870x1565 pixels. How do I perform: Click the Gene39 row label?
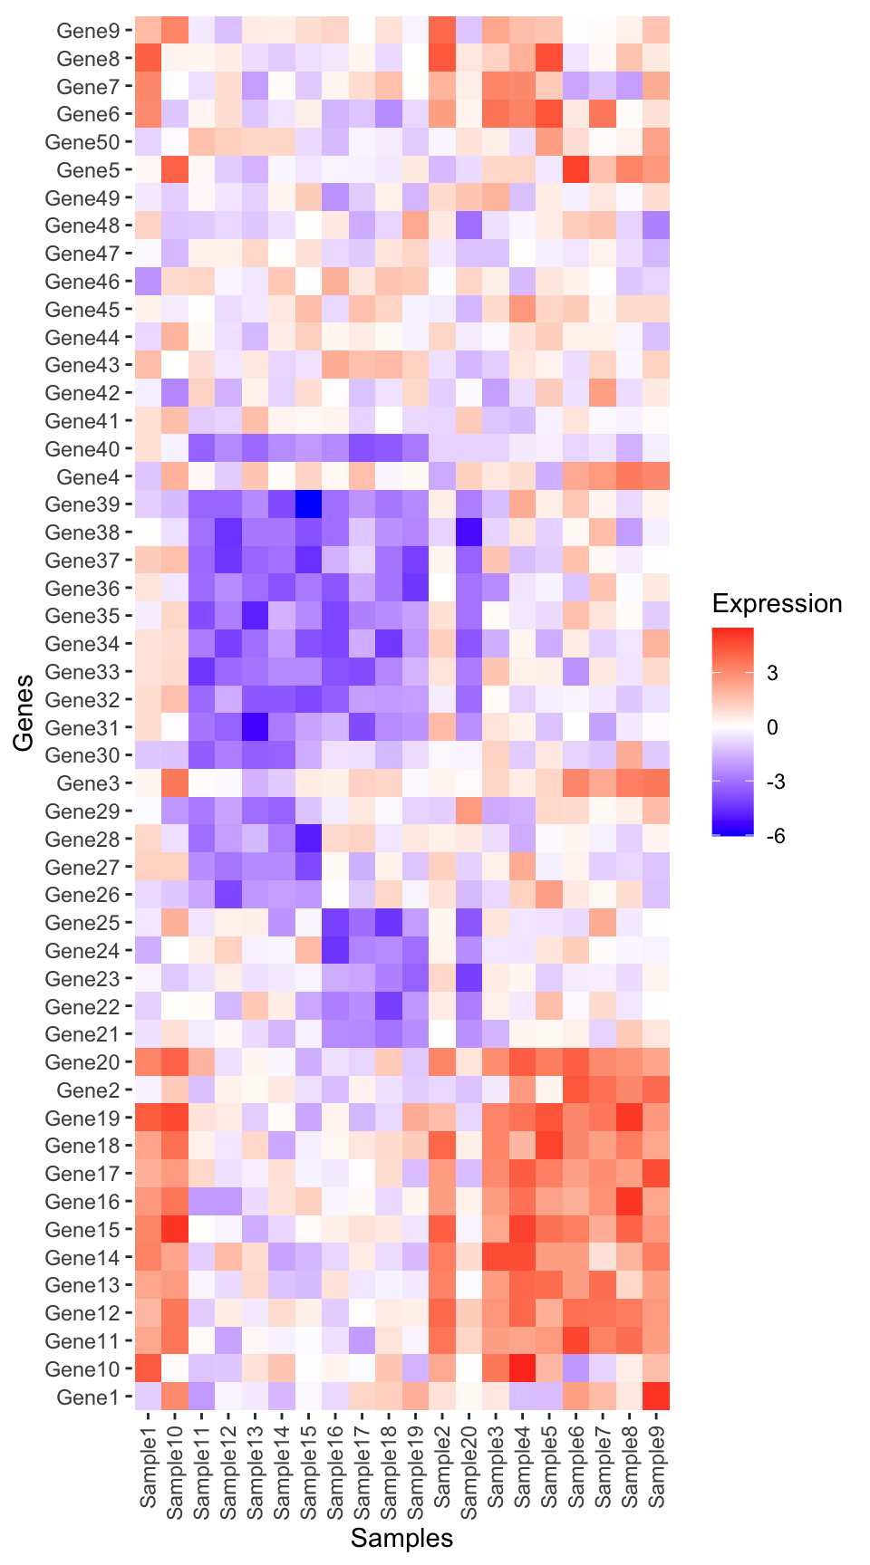pyautogui.click(x=82, y=504)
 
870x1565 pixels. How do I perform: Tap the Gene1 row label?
pyautogui.click(x=88, y=1397)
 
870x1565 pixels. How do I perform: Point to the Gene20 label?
pyautogui.click(x=82, y=1062)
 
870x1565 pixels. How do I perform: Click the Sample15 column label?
pyautogui.click(x=308, y=1468)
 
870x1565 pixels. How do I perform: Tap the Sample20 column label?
pyautogui.click(x=469, y=1468)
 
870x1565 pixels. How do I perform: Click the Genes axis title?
pyautogui.click(x=24, y=713)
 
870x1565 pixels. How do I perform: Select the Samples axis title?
pyautogui.click(x=401, y=1538)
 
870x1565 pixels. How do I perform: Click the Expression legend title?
pyautogui.click(x=777, y=604)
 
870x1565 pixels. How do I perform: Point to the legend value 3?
pyautogui.click(x=771, y=673)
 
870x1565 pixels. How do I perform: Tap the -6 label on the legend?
pyautogui.click(x=775, y=836)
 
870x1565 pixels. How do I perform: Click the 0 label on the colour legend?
pyautogui.click(x=771, y=727)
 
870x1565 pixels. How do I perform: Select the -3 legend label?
pyautogui.click(x=775, y=782)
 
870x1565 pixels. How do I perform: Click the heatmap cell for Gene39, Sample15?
pyautogui.click(x=308, y=504)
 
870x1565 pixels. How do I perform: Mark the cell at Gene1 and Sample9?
pyautogui.click(x=656, y=1397)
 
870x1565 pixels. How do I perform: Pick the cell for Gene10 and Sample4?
pyautogui.click(x=522, y=1369)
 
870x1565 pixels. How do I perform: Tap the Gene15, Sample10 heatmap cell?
pyautogui.click(x=175, y=1230)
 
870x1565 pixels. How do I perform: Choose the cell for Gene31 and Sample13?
pyautogui.click(x=255, y=727)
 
